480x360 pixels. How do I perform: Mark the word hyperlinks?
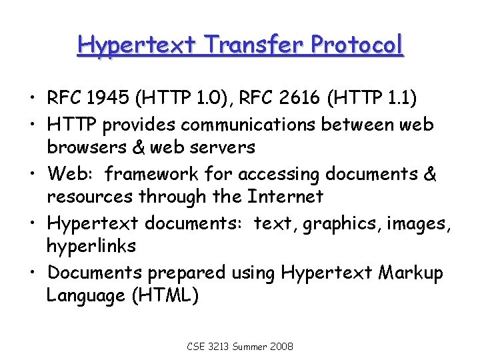coord(91,247)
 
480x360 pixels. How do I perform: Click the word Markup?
coord(412,272)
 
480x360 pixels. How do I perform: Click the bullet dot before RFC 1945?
coord(33,100)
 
